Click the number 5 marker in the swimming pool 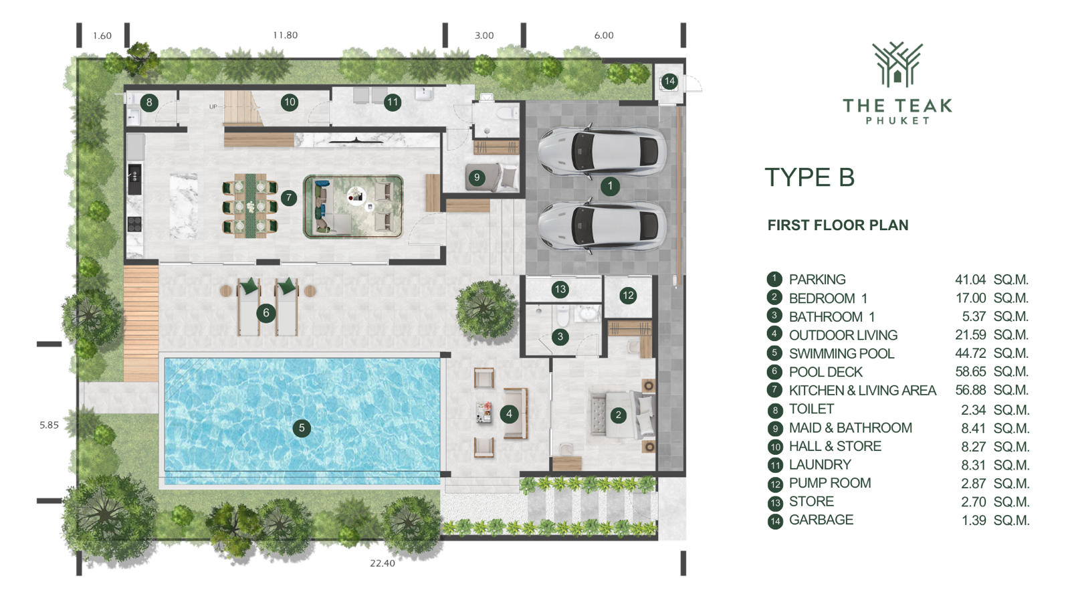(302, 428)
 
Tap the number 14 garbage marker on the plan (669, 81)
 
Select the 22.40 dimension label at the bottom (383, 563)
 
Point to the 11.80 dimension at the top (285, 35)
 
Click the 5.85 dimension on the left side (49, 425)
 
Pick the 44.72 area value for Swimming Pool (970, 353)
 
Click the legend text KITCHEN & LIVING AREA (862, 391)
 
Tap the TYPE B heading (810, 177)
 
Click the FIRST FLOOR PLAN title (838, 225)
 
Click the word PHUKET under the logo (898, 121)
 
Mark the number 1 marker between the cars (609, 186)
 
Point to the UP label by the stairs (213, 106)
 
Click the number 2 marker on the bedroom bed (618, 415)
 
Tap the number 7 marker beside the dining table (288, 197)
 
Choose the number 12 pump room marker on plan (628, 295)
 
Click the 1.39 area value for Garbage (974, 520)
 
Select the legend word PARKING (817, 279)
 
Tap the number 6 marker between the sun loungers (266, 313)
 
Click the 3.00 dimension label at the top (484, 35)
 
